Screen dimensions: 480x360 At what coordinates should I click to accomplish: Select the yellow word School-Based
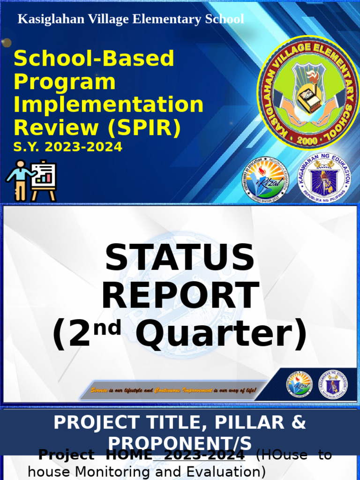[x=94, y=59]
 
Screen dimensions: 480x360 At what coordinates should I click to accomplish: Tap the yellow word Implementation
[x=108, y=105]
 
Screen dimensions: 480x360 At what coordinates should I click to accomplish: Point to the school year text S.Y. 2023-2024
[x=67, y=147]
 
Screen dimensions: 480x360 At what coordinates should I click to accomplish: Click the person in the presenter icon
[x=19, y=180]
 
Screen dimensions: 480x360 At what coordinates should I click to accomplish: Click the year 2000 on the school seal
[x=308, y=140]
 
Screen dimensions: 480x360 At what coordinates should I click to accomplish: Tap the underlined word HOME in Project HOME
[x=129, y=455]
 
